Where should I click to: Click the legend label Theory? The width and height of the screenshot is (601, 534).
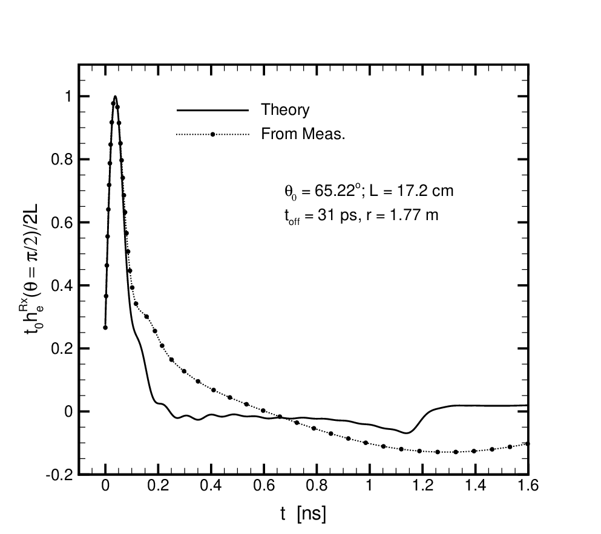(285, 110)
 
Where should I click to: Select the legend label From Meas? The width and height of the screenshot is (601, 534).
(303, 134)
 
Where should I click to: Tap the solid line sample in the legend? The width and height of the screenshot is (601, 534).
(212, 110)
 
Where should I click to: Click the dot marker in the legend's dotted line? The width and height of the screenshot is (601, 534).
(212, 134)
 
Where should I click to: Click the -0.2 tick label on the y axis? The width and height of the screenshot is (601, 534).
(59, 475)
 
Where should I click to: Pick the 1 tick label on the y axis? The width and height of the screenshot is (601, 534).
(68, 96)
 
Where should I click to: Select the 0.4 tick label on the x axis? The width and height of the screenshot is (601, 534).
(211, 486)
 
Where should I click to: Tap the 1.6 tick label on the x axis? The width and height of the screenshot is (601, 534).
(528, 486)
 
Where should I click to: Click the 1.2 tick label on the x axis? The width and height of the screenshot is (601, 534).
(423, 486)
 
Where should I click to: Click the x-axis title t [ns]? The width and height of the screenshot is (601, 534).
(303, 513)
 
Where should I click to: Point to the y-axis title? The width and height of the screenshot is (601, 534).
(34, 275)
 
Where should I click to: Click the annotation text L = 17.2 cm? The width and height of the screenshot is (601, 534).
(412, 190)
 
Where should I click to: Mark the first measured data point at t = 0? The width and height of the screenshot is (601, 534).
(105, 328)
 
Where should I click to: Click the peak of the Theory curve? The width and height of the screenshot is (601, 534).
(115, 96)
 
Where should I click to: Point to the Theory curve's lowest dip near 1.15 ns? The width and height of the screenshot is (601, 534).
(407, 433)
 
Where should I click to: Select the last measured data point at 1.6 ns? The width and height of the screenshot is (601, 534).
(527, 444)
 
